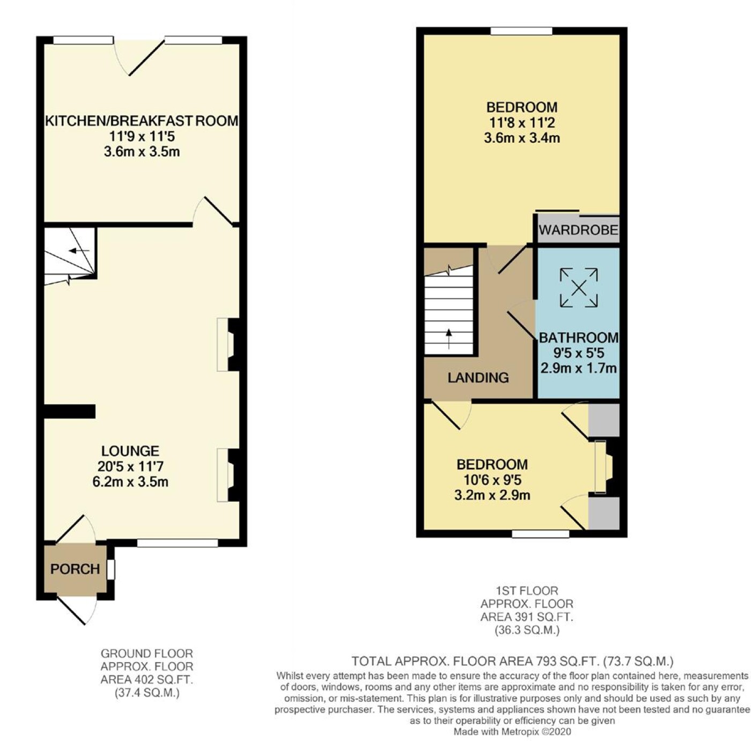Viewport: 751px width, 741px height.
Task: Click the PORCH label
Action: tap(75, 569)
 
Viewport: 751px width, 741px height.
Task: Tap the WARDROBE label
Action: tap(578, 230)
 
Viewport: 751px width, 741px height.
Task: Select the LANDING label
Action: tap(478, 378)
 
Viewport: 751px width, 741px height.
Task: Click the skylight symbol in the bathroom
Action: tap(579, 288)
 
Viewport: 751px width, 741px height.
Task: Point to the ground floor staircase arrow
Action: tap(79, 251)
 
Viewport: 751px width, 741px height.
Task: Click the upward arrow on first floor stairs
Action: tap(449, 339)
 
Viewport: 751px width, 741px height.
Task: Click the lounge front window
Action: tap(178, 543)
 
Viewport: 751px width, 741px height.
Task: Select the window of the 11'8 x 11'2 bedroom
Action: tap(521, 31)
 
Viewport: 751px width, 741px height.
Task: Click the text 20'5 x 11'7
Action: tap(130, 466)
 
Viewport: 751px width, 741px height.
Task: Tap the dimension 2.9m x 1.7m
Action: tap(578, 368)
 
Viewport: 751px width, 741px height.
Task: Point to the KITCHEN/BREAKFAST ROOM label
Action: tap(142, 121)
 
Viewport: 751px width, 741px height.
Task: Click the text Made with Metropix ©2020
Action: tap(512, 731)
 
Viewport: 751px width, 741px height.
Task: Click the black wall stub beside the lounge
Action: tap(70, 412)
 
